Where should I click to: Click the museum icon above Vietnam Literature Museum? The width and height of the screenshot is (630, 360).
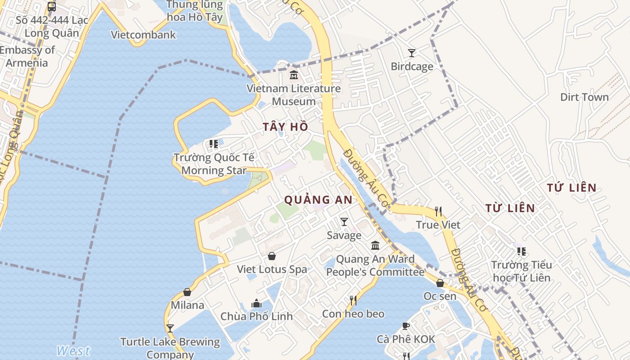pyautogui.click(x=294, y=75)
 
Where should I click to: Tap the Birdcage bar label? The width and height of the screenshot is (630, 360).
pyautogui.click(x=412, y=67)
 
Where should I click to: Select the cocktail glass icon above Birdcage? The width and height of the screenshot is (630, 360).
pyautogui.click(x=411, y=53)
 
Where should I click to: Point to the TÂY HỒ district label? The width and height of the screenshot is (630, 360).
pyautogui.click(x=286, y=127)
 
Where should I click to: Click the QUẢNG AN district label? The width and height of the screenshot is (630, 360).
pyautogui.click(x=318, y=200)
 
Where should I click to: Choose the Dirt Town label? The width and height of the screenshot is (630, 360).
pyautogui.click(x=584, y=97)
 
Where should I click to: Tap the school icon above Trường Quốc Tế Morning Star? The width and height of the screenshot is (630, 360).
pyautogui.click(x=213, y=144)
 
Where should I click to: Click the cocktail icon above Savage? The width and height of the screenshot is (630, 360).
pyautogui.click(x=344, y=221)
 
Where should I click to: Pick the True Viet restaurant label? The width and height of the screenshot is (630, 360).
pyautogui.click(x=438, y=225)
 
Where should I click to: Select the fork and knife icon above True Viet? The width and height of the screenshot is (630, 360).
pyautogui.click(x=438, y=211)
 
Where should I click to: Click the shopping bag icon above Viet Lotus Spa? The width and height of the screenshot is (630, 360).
pyautogui.click(x=272, y=256)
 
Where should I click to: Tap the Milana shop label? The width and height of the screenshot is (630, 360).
pyautogui.click(x=187, y=305)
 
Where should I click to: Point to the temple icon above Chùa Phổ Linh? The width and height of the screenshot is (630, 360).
pyautogui.click(x=256, y=303)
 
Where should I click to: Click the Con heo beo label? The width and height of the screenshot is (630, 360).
pyautogui.click(x=353, y=314)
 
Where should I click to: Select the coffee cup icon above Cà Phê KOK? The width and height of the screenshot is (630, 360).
pyautogui.click(x=406, y=326)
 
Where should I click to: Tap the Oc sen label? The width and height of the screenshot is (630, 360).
pyautogui.click(x=440, y=296)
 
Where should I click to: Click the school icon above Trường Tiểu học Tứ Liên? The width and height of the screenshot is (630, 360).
pyautogui.click(x=521, y=251)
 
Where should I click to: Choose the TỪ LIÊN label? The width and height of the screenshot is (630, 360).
pyautogui.click(x=510, y=208)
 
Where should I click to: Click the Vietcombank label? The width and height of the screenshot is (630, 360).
pyautogui.click(x=143, y=35)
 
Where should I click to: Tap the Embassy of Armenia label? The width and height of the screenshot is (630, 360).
pyautogui.click(x=27, y=56)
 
